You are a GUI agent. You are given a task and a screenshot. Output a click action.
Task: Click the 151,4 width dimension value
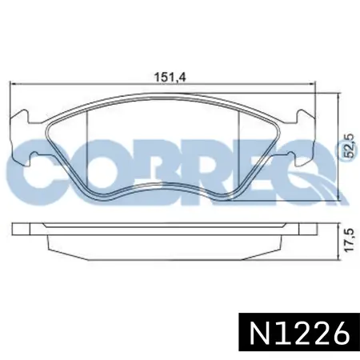pyautogui.click(x=170, y=78)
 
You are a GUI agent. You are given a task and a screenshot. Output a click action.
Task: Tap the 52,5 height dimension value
pyautogui.click(x=350, y=145)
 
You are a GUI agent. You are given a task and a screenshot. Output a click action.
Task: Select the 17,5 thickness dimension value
pyautogui.click(x=350, y=239)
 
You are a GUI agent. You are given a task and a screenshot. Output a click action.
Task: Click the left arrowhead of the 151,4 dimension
pyautogui.click(x=13, y=85)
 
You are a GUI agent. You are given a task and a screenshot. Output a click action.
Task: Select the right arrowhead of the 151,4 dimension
pyautogui.click(x=312, y=85)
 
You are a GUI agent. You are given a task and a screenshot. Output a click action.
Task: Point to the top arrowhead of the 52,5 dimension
pyautogui.click(x=338, y=97)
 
